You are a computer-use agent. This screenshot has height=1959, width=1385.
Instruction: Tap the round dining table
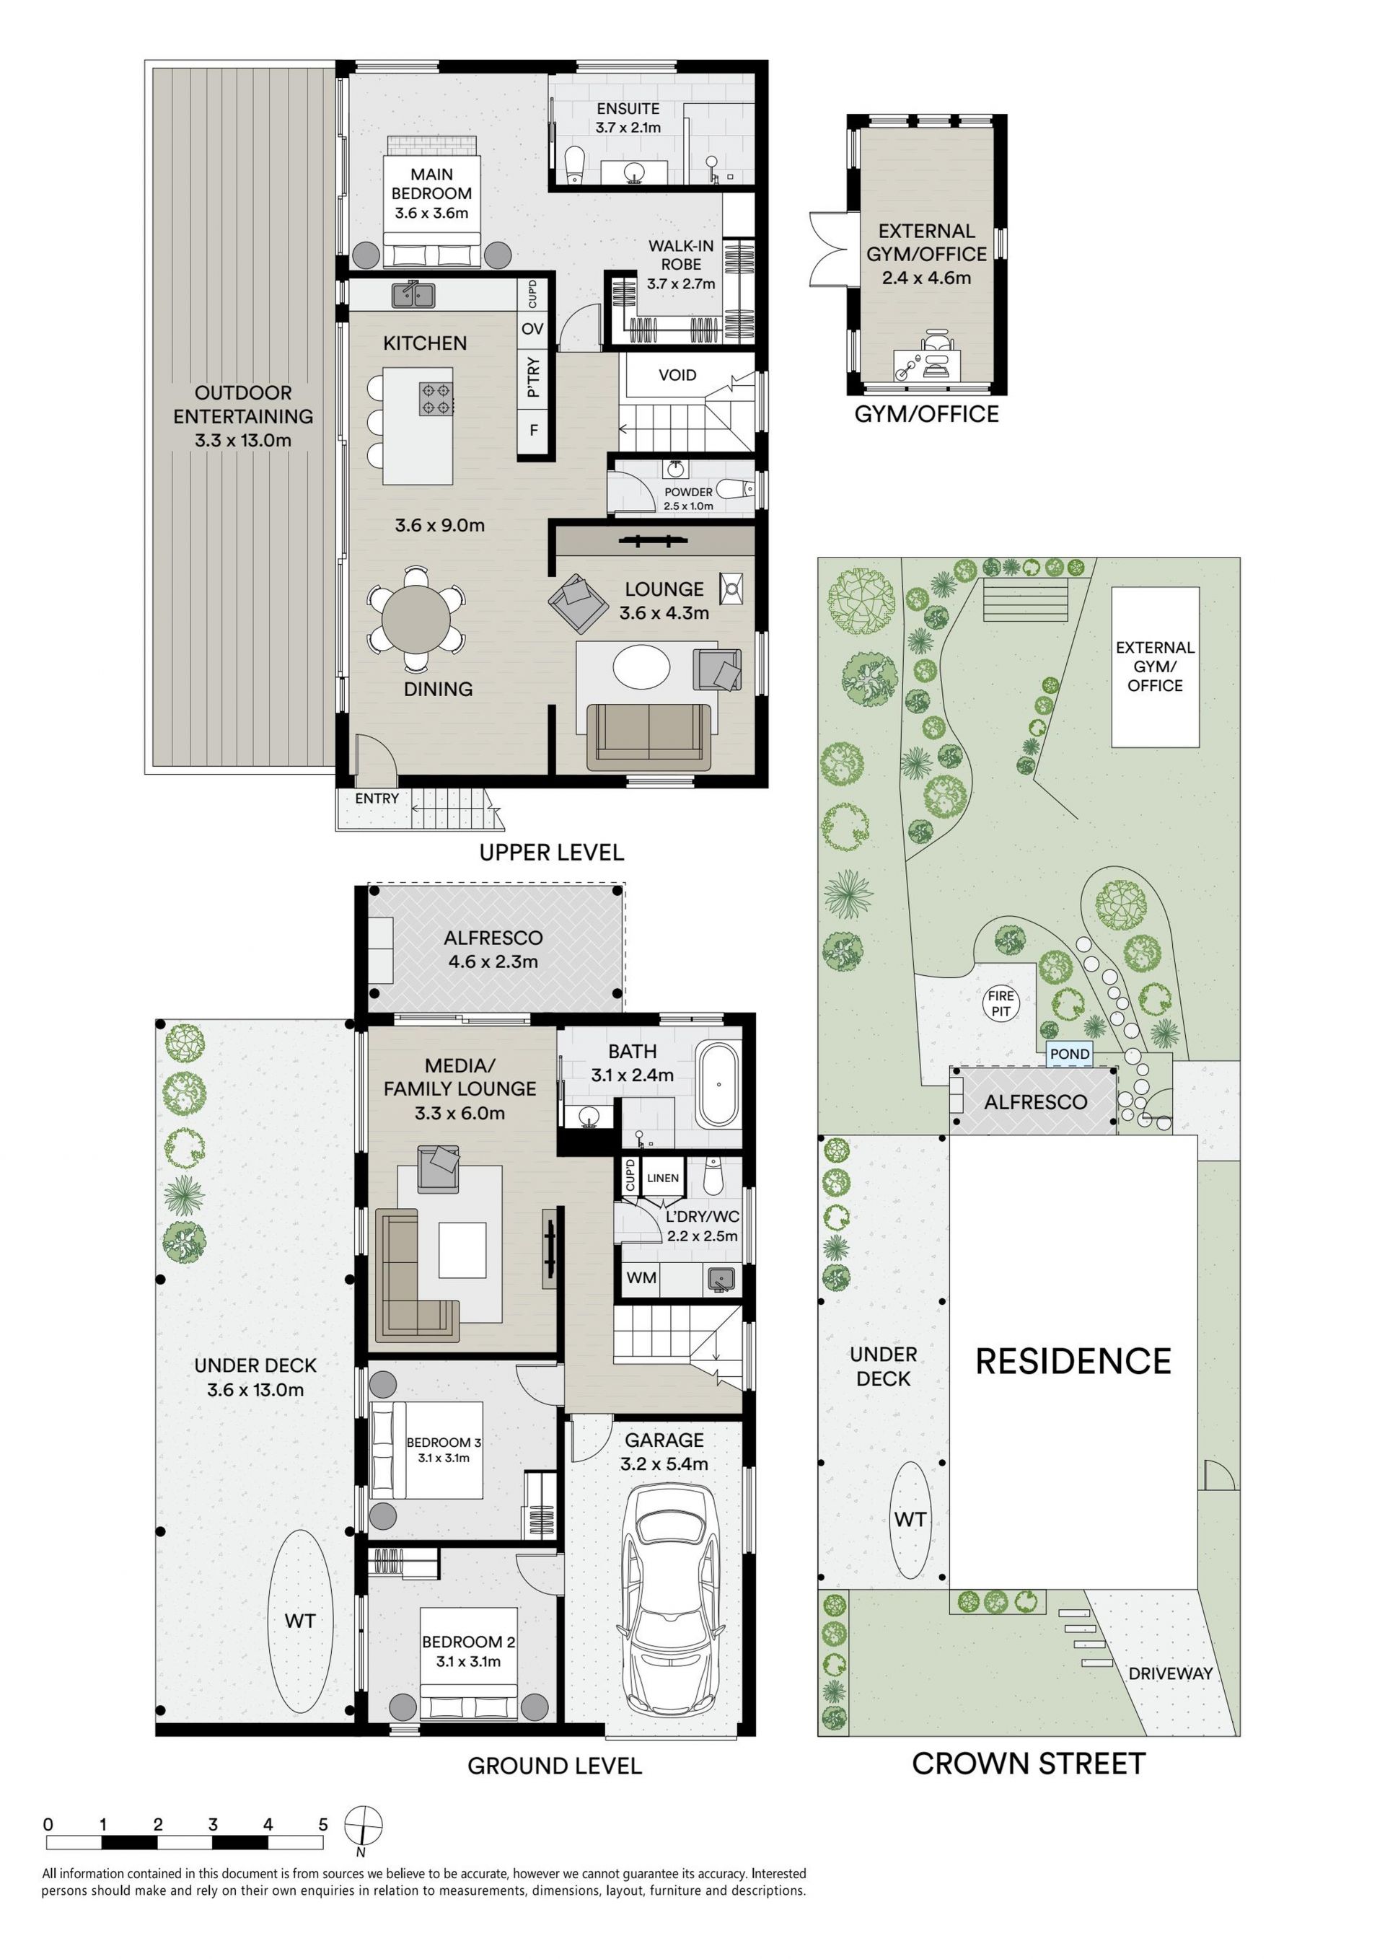[x=415, y=620]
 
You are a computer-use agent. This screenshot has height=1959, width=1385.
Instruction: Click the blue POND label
[x=1069, y=1055]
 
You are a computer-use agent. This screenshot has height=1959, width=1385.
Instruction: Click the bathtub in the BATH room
[x=719, y=1085]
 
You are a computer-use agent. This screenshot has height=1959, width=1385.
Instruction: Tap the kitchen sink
[x=414, y=294]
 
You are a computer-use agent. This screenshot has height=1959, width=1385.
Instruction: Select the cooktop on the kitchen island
[x=436, y=397]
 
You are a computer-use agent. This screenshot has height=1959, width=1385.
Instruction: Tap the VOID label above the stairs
[x=677, y=374]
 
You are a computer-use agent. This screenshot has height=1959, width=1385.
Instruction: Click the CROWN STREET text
[x=1029, y=1764]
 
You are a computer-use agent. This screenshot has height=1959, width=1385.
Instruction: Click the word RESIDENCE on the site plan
[x=1073, y=1362]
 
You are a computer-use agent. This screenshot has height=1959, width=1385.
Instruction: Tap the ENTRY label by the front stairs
[x=377, y=798]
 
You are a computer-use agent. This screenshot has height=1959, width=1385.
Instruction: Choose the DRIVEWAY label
[x=1170, y=1673]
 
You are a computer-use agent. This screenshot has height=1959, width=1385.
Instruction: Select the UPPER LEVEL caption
[x=551, y=852]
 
